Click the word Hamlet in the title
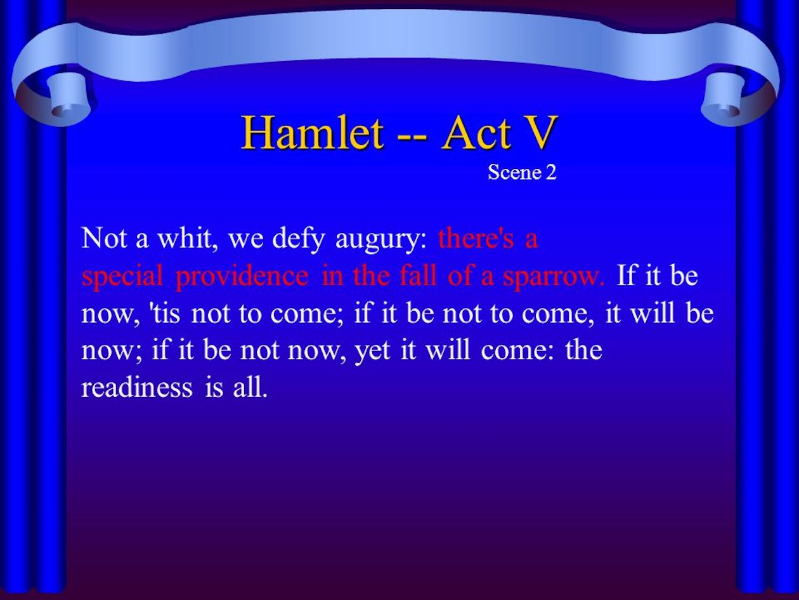(313, 132)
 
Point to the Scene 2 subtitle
(522, 172)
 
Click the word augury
(381, 240)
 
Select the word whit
(188, 238)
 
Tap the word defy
(298, 240)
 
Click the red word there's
(476, 238)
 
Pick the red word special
(122, 277)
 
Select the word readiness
(137, 387)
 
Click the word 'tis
(166, 313)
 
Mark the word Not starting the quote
(105, 238)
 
